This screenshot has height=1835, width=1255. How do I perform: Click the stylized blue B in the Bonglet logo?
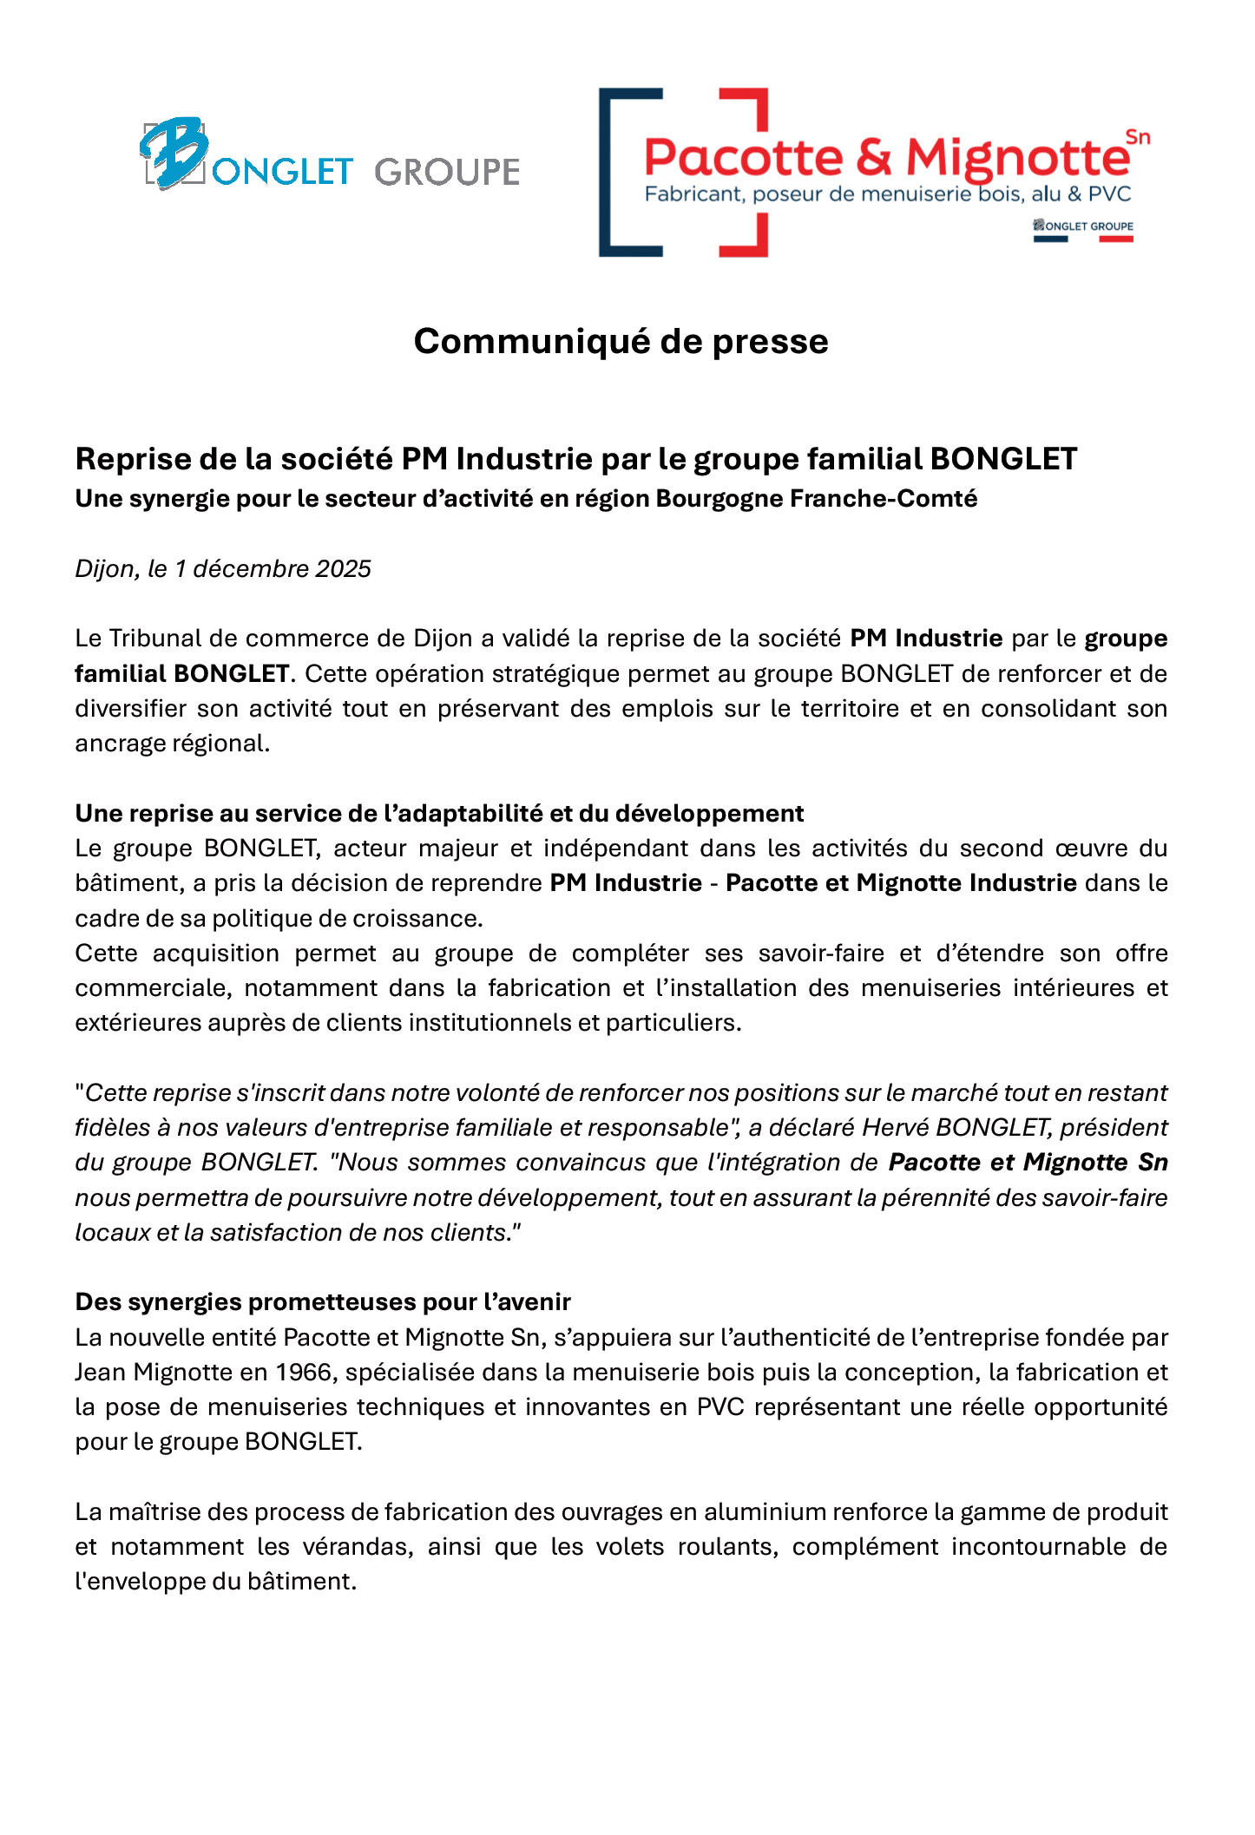coord(174,153)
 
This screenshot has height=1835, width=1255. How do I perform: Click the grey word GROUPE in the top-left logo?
coord(447,172)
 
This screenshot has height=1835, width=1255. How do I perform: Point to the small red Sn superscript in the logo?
coord(1137,137)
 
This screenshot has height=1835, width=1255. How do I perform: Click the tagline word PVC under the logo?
coord(1109,194)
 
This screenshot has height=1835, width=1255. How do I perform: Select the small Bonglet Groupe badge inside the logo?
coord(1083,227)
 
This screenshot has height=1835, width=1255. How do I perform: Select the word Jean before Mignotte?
coord(101,1373)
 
